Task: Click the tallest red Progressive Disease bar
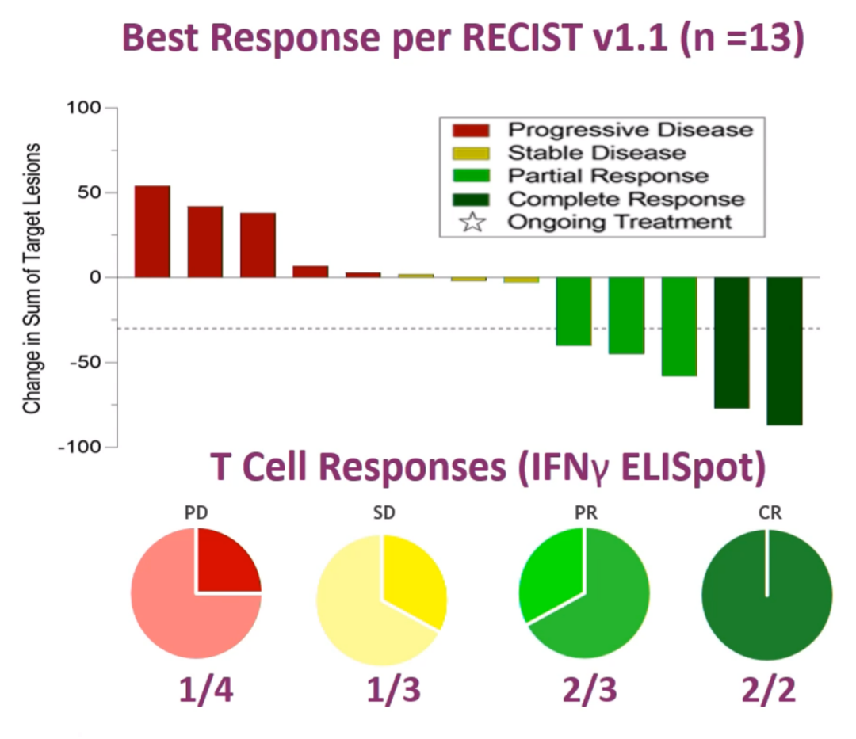[152, 231]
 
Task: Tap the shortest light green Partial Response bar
[573, 311]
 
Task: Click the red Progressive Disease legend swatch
[471, 129]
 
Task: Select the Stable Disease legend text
[597, 152]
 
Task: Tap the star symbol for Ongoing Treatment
[472, 222]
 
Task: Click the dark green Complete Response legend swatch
[471, 198]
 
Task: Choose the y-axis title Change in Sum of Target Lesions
[32, 277]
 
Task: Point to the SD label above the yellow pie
[384, 512]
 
